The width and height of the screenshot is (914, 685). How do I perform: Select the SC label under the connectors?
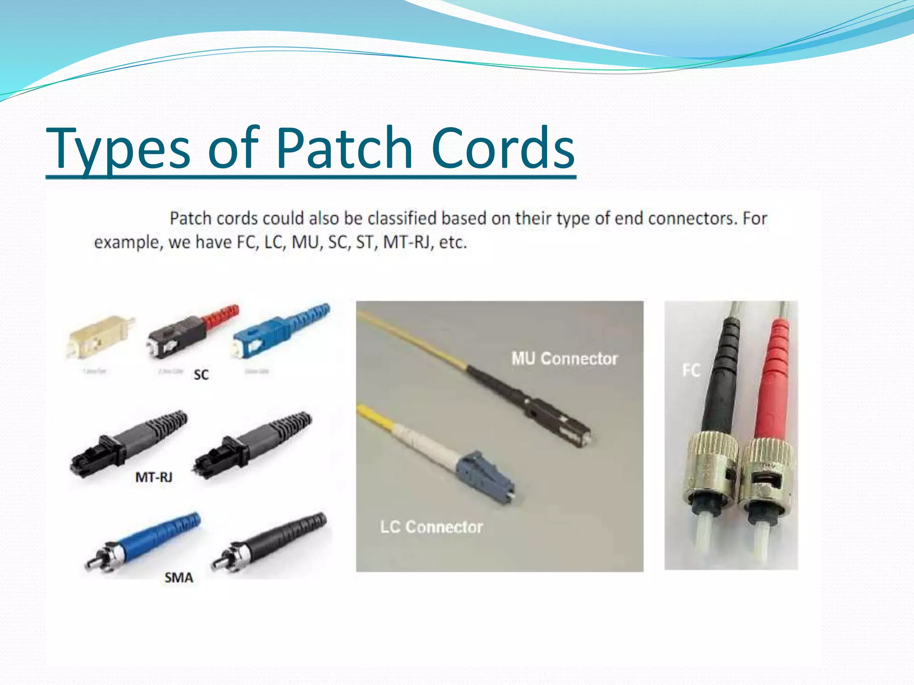[201, 375]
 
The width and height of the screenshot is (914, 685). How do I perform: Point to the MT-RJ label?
[154, 478]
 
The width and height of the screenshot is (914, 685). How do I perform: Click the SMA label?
[179, 578]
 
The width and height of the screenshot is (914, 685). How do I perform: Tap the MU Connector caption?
[565, 359]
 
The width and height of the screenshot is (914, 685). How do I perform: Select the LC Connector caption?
[431, 527]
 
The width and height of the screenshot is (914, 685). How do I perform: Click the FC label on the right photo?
[691, 371]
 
